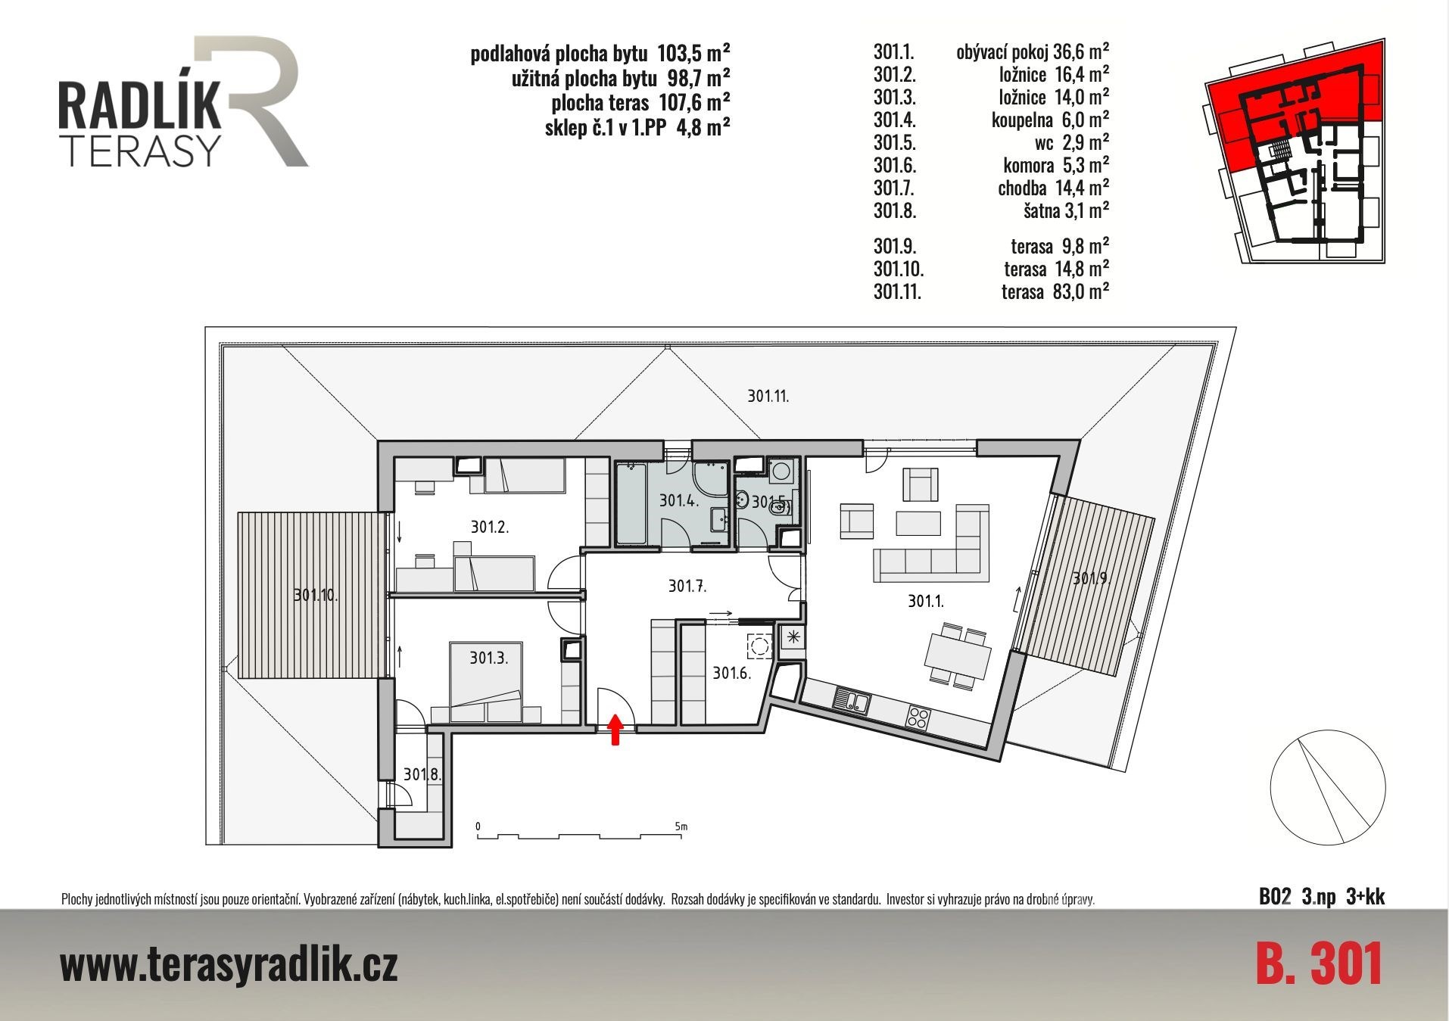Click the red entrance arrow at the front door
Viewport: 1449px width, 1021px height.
[615, 729]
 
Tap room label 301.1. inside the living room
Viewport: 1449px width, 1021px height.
[926, 602]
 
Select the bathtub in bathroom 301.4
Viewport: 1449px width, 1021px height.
[631, 503]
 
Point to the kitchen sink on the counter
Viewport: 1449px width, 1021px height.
[852, 700]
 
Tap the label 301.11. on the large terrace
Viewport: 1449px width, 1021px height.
[768, 396]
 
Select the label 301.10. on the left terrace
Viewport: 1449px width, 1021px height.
[316, 595]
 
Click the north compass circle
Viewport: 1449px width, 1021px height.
[1328, 787]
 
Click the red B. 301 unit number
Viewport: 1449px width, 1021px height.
[1320, 963]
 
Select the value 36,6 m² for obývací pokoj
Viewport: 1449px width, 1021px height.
[1081, 51]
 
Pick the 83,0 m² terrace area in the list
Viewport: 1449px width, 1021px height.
[1081, 291]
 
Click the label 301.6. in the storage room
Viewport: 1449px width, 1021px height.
[731, 672]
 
